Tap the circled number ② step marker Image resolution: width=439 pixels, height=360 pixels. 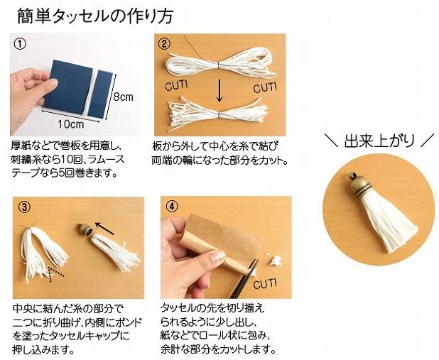click(164, 43)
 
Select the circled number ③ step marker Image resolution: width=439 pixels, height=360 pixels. click(24, 207)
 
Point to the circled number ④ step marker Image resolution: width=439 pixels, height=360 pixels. click(172, 207)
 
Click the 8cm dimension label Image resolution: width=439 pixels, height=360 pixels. click(123, 97)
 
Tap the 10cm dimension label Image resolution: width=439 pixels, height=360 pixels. click(71, 124)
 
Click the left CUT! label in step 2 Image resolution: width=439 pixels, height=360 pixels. click(176, 84)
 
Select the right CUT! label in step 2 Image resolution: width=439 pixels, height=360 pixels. click(265, 87)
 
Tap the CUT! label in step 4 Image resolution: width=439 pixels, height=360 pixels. click(265, 283)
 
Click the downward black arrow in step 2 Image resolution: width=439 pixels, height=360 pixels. click(220, 90)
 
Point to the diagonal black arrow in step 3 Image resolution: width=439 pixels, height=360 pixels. click(104, 228)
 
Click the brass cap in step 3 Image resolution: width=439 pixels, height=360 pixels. click(85, 229)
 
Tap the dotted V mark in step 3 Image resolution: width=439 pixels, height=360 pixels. click(55, 274)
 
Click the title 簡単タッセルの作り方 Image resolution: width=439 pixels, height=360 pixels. click(95, 16)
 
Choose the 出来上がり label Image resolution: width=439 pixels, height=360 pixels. click(379, 141)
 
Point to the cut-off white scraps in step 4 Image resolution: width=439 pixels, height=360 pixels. click(273, 258)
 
